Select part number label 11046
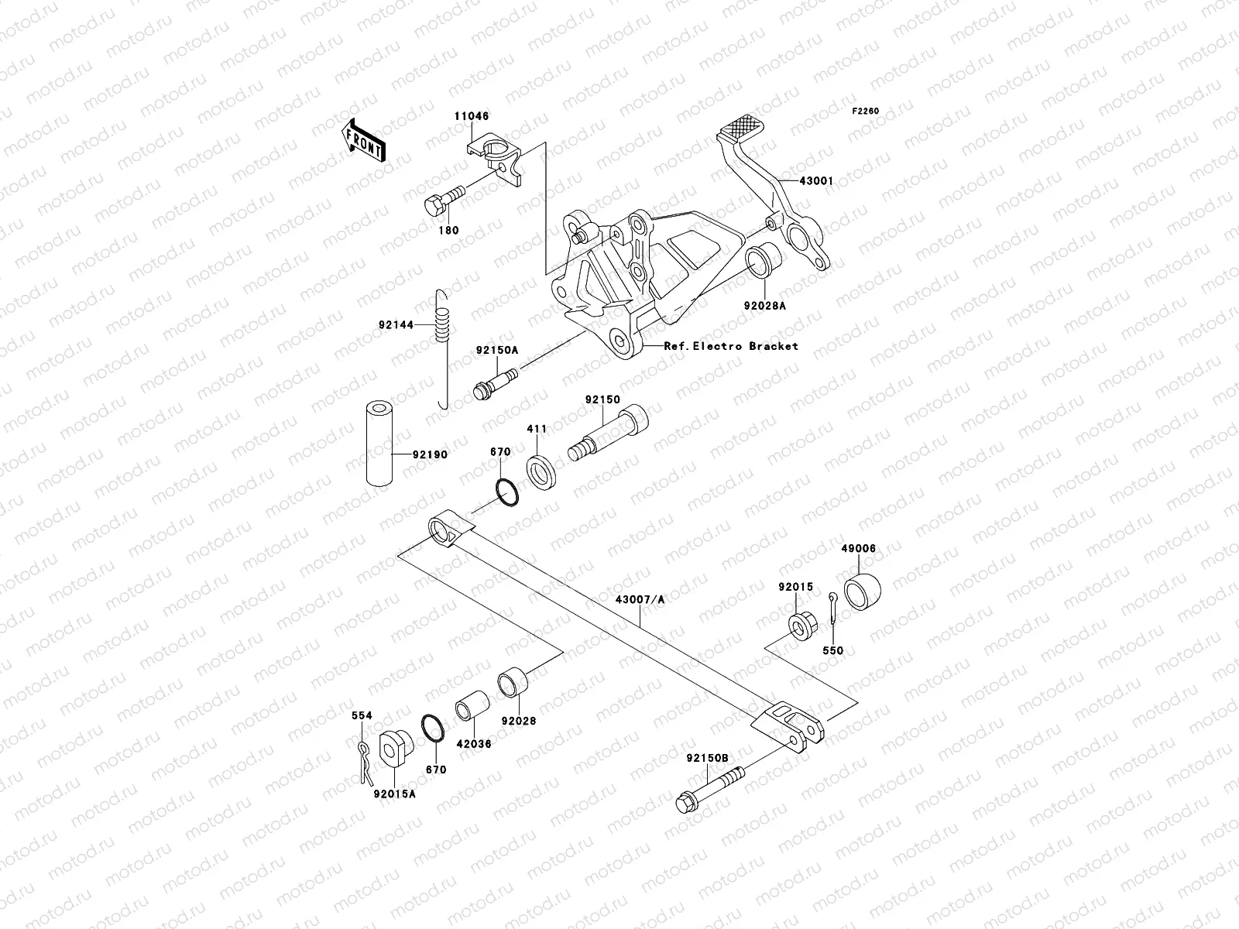click(x=471, y=116)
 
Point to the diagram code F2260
click(x=866, y=111)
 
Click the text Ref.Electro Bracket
click(x=731, y=346)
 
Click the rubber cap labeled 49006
click(x=862, y=592)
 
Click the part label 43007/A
click(x=640, y=599)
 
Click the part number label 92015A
click(x=394, y=794)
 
